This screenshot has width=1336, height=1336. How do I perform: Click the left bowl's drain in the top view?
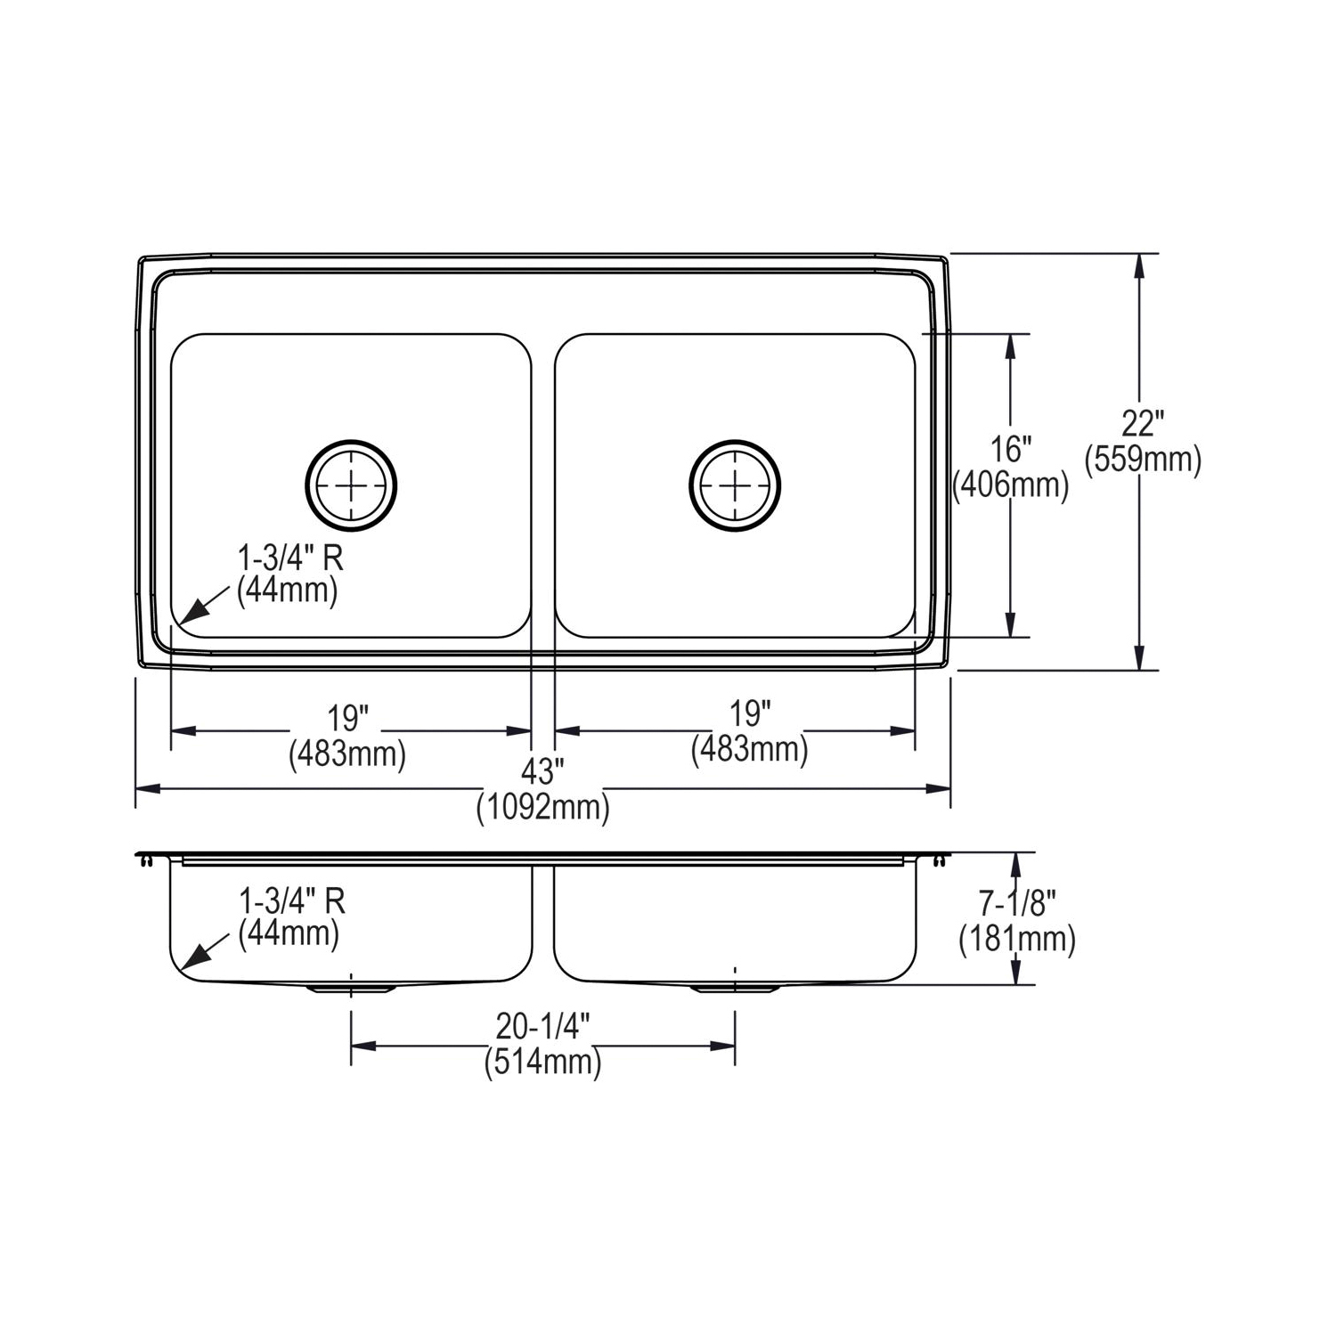351,485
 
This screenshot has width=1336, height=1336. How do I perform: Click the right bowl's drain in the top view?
735,485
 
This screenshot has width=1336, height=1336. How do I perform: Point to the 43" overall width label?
542,770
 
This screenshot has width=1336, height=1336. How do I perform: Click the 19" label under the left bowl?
347,717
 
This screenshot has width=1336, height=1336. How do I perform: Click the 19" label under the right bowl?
749,713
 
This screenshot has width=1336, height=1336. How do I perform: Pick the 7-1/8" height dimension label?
1017,904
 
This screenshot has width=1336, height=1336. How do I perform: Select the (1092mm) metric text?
542,808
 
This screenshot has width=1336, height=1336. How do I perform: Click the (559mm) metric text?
1143,460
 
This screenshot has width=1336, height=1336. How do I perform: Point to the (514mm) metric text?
542,1063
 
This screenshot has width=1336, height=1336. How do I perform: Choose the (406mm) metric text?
1011,485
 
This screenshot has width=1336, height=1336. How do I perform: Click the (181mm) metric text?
1017,940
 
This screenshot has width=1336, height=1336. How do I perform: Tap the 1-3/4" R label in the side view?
291,901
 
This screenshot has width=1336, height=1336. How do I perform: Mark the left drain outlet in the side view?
351,988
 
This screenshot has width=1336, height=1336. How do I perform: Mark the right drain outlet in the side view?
735,988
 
